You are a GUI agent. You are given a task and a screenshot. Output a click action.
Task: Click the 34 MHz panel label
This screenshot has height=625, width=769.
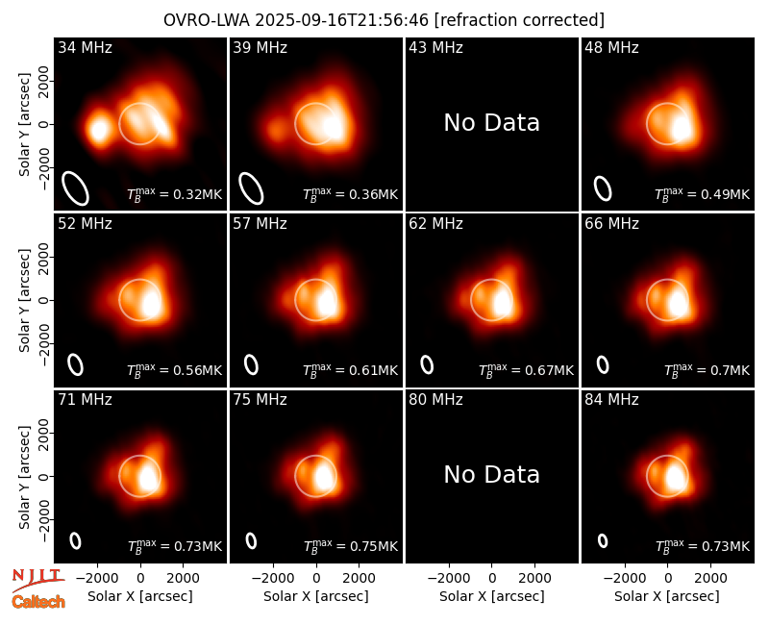(x=85, y=47)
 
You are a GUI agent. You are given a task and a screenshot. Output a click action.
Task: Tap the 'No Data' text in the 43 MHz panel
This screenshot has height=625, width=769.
(x=491, y=123)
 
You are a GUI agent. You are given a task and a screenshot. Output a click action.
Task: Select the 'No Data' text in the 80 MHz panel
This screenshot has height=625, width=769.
(x=491, y=474)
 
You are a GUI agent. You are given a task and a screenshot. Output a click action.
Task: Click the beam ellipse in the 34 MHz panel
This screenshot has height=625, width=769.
(x=75, y=187)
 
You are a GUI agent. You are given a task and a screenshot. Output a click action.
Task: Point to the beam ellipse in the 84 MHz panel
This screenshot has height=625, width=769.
(x=603, y=540)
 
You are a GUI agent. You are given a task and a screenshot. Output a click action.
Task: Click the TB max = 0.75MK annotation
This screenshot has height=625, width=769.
(x=351, y=545)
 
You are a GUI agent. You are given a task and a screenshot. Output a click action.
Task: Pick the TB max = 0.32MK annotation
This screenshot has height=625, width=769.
(x=175, y=194)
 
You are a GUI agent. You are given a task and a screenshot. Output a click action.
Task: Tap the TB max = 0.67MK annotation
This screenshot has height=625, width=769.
(x=526, y=370)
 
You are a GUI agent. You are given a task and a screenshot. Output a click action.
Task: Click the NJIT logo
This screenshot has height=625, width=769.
(x=37, y=579)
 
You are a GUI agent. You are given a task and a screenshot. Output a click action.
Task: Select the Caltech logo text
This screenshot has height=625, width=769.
(x=38, y=602)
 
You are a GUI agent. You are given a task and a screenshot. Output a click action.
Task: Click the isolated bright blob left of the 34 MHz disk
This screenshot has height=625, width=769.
(x=99, y=130)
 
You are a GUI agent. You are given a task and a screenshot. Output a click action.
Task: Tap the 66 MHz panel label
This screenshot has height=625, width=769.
(x=611, y=224)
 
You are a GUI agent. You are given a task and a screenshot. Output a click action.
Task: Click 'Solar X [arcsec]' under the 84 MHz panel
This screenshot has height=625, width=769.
(x=667, y=596)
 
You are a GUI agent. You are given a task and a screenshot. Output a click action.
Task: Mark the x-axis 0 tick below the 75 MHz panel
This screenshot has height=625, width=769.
(x=316, y=578)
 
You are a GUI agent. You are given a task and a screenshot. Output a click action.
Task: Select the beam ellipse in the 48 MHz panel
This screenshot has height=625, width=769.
(x=603, y=188)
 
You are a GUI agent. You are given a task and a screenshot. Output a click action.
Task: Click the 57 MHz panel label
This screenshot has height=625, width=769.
(x=260, y=224)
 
